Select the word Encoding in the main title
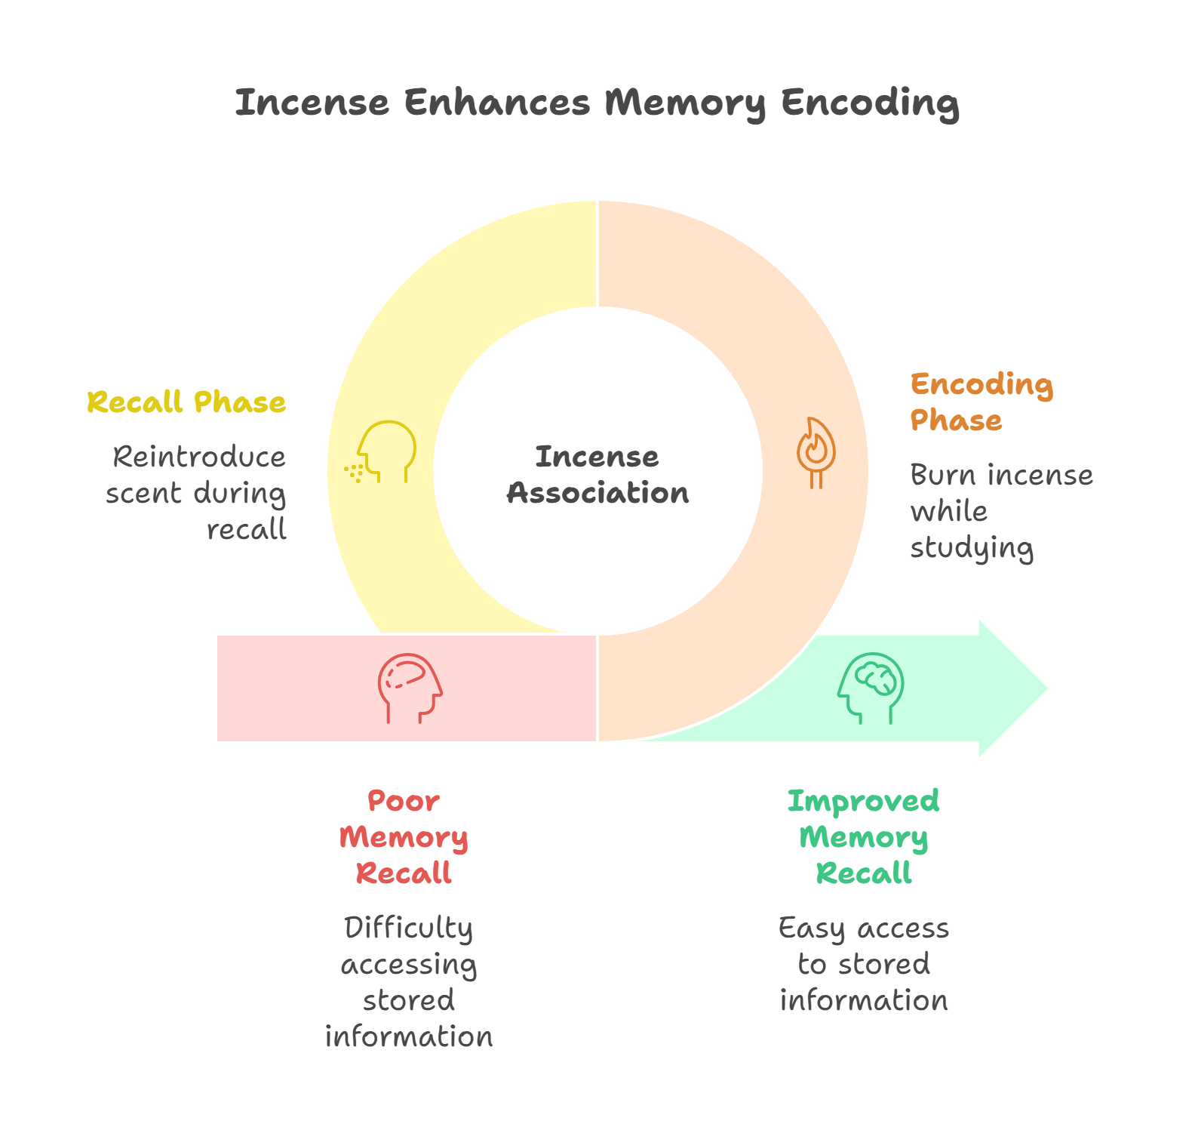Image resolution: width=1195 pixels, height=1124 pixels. click(x=870, y=103)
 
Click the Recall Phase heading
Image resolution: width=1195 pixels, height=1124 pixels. click(x=186, y=402)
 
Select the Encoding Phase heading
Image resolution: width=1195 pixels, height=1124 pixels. click(x=981, y=402)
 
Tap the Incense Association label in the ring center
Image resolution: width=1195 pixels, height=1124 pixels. click(x=597, y=475)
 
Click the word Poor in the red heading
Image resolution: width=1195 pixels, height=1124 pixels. click(x=404, y=801)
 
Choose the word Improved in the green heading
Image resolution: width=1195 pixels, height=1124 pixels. click(x=863, y=802)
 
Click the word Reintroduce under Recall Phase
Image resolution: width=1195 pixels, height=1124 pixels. click(x=199, y=457)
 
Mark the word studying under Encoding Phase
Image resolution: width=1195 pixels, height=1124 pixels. click(x=972, y=549)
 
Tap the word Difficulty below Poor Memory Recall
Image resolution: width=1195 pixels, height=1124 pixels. click(x=408, y=928)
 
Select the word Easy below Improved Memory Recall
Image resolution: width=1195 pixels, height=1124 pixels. click(x=811, y=928)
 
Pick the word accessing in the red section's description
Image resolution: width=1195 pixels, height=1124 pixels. click(x=408, y=965)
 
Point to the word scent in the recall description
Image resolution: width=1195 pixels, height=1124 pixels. click(x=143, y=494)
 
